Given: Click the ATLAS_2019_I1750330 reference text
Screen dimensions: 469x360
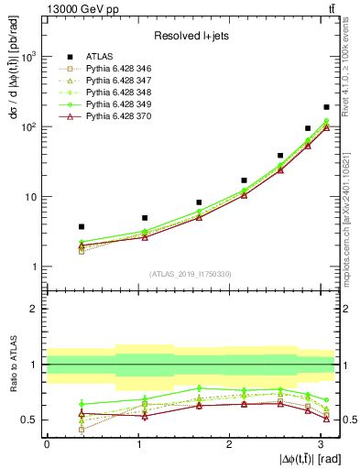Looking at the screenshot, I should (190, 274).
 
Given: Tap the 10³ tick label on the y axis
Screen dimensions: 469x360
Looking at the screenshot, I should (30, 57).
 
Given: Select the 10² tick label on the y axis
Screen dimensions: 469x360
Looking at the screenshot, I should (30, 127).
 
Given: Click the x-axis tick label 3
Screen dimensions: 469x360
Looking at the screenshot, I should (321, 445).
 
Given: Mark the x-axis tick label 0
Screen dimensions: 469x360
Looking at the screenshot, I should (47, 445).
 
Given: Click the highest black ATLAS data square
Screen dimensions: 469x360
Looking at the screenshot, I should (326, 107).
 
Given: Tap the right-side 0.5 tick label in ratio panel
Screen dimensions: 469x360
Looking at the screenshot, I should (348, 420).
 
